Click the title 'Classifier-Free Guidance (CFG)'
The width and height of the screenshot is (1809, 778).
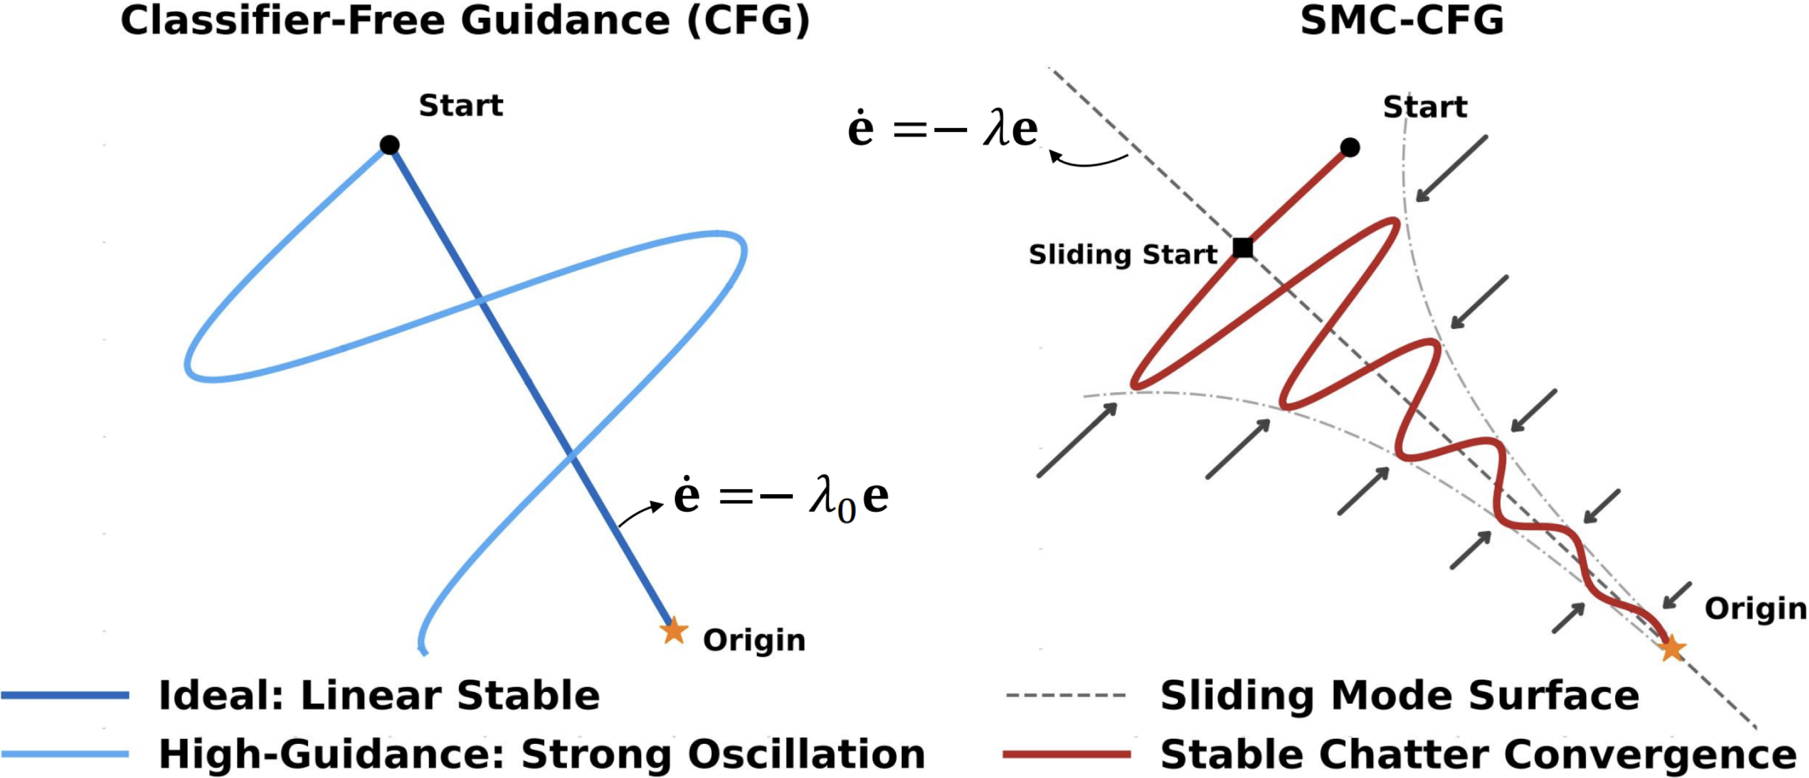[x=465, y=21]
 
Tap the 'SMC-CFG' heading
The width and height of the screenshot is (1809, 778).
[x=1401, y=21]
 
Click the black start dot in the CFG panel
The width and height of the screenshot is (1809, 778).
[x=390, y=145]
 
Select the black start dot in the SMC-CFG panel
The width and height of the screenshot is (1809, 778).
[x=1349, y=148]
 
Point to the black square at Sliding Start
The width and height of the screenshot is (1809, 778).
[x=1243, y=248]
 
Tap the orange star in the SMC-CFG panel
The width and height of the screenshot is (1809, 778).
[x=1672, y=648]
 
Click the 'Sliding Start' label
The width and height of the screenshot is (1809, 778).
[x=1122, y=254]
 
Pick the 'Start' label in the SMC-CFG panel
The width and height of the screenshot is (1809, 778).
[x=1425, y=107]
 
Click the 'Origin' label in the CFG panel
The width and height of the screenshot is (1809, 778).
[x=754, y=641]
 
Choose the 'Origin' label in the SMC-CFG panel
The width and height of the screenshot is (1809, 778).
[x=1755, y=609]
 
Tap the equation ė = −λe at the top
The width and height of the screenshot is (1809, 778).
[x=943, y=130]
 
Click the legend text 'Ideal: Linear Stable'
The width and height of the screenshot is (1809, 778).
[x=379, y=696]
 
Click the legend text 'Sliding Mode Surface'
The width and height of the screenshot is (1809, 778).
[x=1400, y=696]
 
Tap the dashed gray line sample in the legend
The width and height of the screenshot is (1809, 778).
[x=1066, y=696]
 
